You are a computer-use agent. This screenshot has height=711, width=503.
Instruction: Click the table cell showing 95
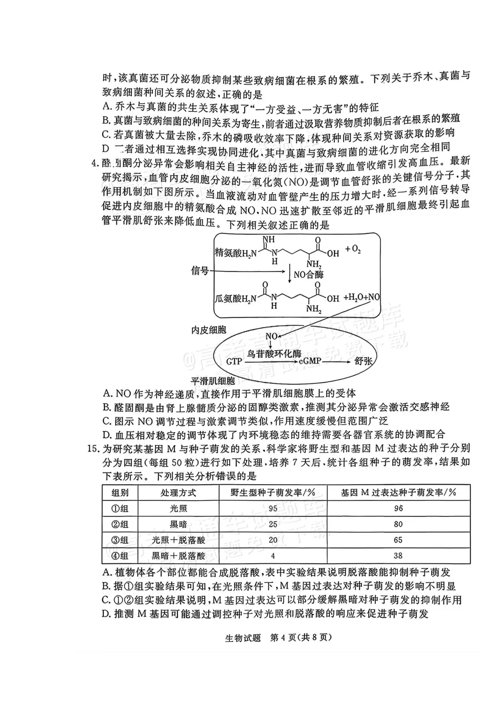coord(272,508)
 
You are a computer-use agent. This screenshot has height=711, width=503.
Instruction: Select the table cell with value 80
coord(398,524)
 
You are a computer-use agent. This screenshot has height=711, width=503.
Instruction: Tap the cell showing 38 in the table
coord(398,555)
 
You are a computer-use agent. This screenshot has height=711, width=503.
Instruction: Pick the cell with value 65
coord(398,540)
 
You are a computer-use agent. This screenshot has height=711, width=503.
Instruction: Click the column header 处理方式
coord(178,492)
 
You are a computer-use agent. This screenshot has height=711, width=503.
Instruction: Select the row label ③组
coord(120,540)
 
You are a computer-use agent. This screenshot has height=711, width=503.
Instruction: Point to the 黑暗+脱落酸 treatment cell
coord(178,555)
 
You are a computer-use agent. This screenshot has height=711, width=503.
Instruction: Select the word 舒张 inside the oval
coord(364,361)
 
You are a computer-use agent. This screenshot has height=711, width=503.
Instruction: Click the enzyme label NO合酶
coord(308,274)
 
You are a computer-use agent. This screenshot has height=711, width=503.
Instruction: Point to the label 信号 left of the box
coord(200,271)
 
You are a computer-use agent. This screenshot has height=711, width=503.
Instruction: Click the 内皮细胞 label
coord(209,330)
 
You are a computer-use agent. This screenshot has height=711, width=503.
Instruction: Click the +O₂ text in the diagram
coord(353,250)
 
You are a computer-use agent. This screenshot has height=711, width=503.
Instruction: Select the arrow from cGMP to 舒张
coord(337,361)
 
